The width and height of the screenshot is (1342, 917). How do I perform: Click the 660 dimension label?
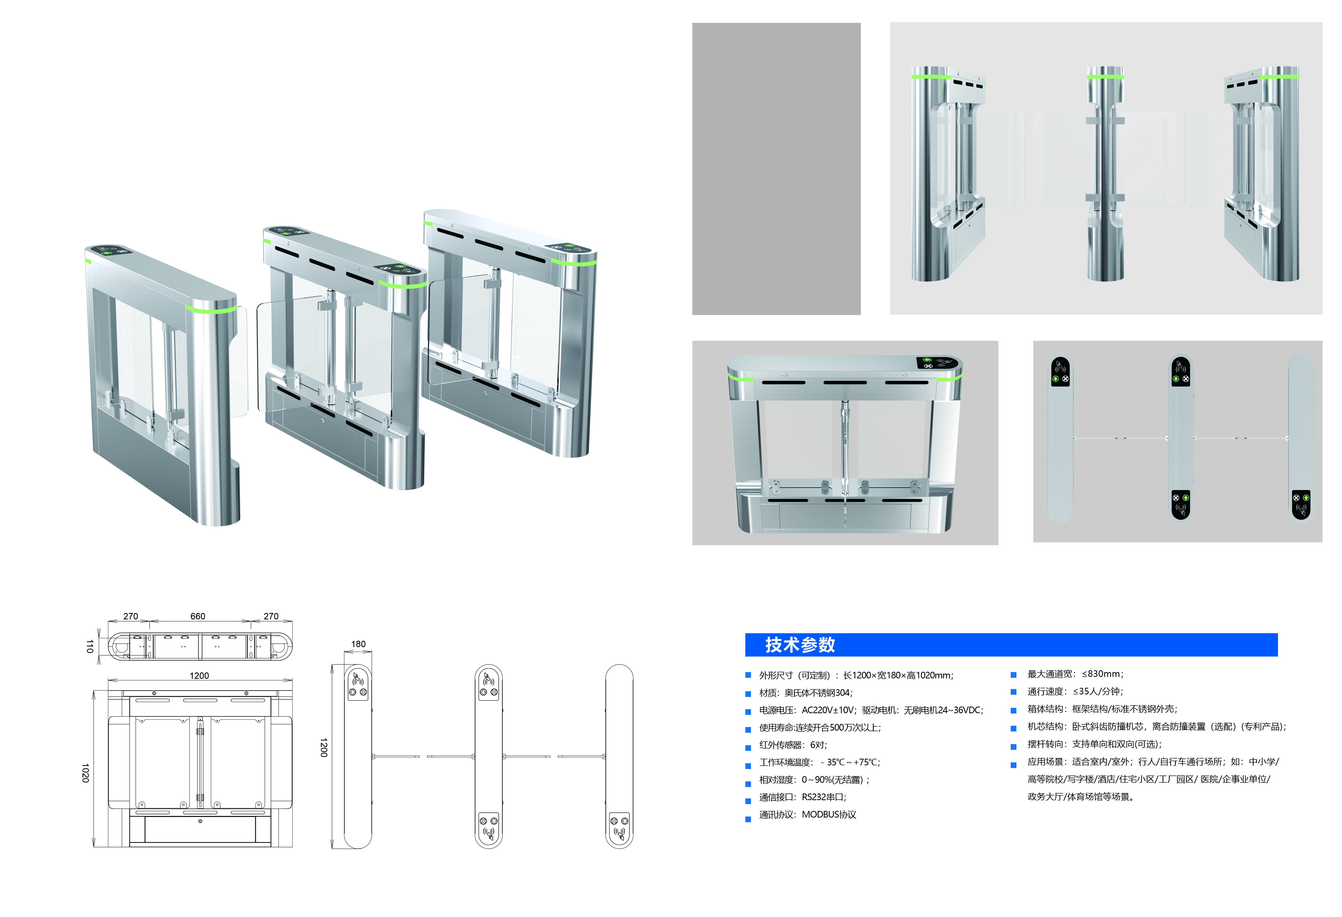(x=198, y=616)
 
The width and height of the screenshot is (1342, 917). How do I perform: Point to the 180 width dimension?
(x=358, y=644)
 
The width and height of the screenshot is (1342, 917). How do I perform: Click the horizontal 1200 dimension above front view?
(x=199, y=676)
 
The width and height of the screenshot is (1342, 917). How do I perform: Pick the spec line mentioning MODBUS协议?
(x=807, y=815)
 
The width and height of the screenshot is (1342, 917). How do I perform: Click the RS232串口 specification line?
(x=803, y=798)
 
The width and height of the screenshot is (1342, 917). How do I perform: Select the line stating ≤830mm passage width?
(x=1075, y=674)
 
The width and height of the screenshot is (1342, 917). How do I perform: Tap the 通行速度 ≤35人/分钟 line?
(x=1075, y=691)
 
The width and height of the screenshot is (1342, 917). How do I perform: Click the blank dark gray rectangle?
(x=776, y=169)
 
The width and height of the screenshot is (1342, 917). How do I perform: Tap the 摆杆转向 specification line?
(x=1094, y=744)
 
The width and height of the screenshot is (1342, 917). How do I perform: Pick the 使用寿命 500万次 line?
(x=820, y=728)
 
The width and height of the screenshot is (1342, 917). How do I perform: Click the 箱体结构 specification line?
(x=1102, y=709)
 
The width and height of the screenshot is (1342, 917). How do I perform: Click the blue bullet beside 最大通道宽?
(x=1013, y=675)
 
